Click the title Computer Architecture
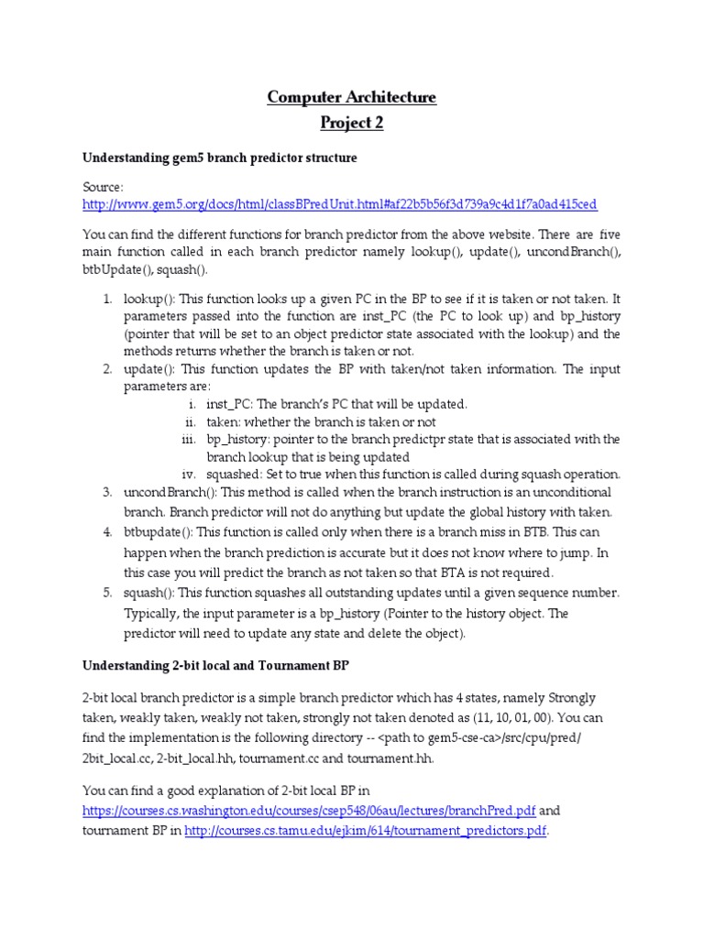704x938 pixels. (x=352, y=97)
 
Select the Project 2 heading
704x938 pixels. (x=352, y=123)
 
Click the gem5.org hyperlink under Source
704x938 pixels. (x=339, y=204)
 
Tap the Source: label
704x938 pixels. (x=102, y=186)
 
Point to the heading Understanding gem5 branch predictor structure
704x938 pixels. (x=219, y=158)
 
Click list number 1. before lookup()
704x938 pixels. (x=107, y=300)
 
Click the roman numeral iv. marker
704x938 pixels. (x=190, y=474)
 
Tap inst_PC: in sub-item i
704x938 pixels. (x=232, y=404)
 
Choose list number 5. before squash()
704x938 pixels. (x=107, y=593)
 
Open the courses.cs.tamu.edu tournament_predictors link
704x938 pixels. (x=366, y=831)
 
